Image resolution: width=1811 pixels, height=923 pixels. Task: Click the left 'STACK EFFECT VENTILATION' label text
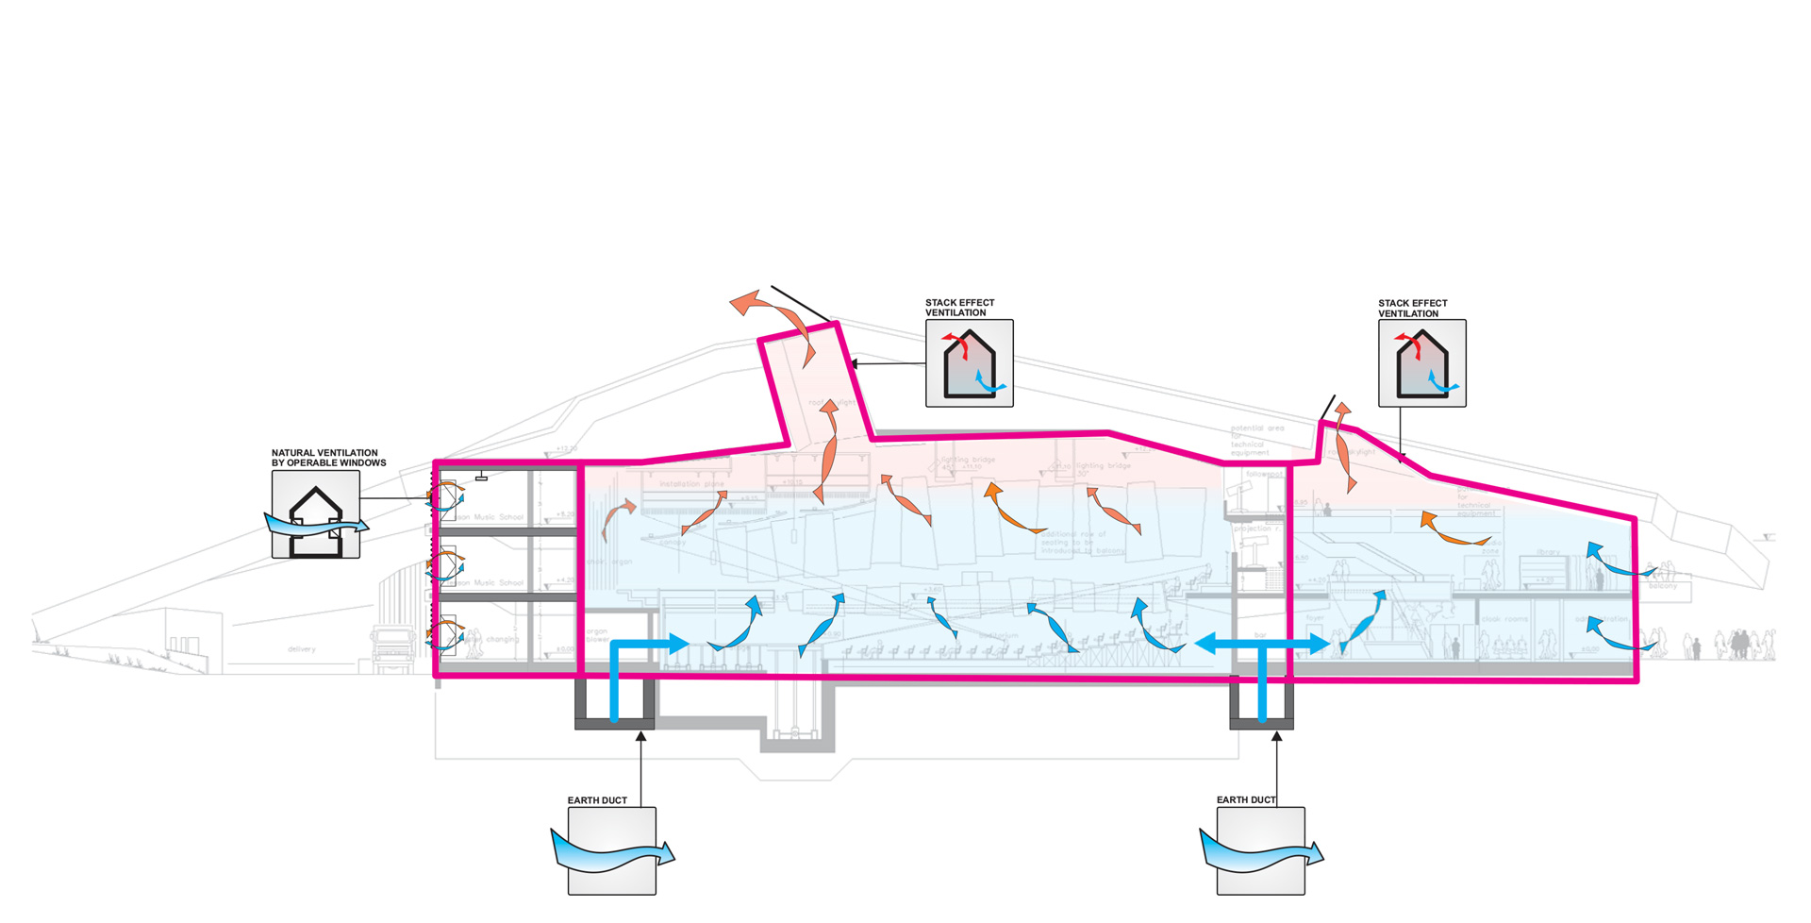959,308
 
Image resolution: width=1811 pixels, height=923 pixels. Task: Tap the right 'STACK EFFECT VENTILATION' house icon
1421,363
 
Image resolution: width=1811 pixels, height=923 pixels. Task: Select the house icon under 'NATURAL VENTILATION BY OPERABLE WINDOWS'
316,515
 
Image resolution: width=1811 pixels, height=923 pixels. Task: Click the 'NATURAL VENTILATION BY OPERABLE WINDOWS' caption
328,458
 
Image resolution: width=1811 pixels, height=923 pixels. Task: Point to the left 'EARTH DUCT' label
597,800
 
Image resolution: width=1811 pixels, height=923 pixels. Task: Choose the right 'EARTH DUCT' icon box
1261,851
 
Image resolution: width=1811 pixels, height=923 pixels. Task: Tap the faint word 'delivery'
302,649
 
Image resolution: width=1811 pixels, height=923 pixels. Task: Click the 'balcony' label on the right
1663,586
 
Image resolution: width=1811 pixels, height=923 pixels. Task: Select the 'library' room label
1548,552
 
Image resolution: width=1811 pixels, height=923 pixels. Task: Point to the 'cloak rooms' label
1504,619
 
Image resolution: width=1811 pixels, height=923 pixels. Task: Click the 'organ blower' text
597,635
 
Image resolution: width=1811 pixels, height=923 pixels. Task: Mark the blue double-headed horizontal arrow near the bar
1262,644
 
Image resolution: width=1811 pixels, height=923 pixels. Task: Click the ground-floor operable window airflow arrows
444,631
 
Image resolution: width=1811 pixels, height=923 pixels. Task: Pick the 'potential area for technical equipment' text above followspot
1256,440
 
